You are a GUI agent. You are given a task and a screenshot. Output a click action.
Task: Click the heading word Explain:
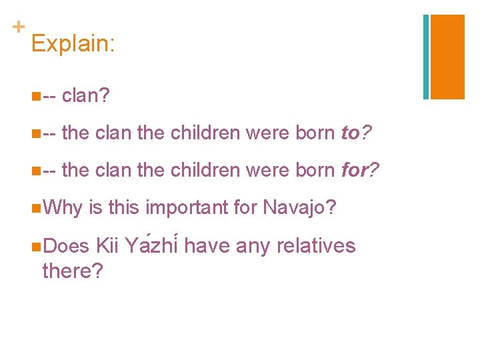[x=73, y=44]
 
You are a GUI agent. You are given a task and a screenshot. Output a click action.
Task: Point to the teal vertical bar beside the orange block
[x=426, y=57]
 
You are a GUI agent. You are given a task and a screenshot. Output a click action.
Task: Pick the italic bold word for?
[x=359, y=171]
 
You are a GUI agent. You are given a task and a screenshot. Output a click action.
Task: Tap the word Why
[x=62, y=209]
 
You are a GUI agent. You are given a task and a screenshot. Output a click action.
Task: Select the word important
[x=186, y=209]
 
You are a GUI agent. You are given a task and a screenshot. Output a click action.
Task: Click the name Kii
[x=107, y=246]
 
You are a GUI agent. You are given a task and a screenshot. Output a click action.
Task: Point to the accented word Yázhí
[x=151, y=246]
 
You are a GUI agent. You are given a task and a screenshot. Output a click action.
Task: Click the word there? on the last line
[x=72, y=271]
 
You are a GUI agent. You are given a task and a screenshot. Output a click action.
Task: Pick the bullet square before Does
[x=35, y=247]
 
